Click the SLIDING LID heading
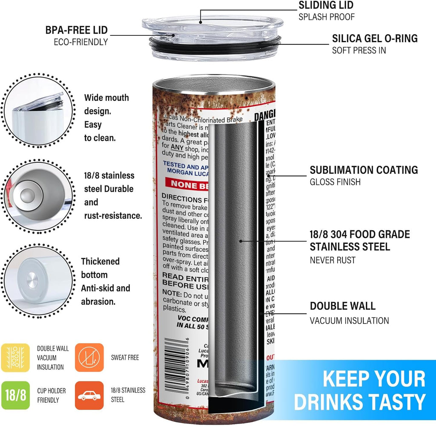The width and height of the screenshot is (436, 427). [326, 6]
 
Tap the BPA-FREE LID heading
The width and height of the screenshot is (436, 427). [77, 30]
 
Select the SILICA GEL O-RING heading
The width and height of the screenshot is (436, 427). [375, 38]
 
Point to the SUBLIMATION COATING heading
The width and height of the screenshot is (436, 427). [364, 170]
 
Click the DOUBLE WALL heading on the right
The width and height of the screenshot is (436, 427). [342, 306]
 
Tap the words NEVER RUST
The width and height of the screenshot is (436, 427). [332, 260]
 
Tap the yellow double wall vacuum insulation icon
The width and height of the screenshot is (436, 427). [15, 358]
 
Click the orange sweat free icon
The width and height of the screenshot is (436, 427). [89, 358]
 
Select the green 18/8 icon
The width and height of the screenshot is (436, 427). [15, 395]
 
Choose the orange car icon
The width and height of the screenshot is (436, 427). [89, 395]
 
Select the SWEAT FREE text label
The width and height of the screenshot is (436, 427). [125, 358]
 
